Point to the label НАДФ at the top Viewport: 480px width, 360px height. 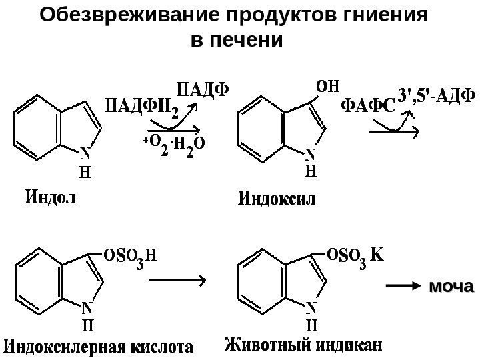[206, 88]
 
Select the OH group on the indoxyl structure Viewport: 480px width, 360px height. [327, 86]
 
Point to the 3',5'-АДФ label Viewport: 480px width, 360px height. [437, 95]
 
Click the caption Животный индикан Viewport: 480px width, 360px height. [303, 345]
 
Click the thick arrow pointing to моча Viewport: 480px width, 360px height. [403, 287]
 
